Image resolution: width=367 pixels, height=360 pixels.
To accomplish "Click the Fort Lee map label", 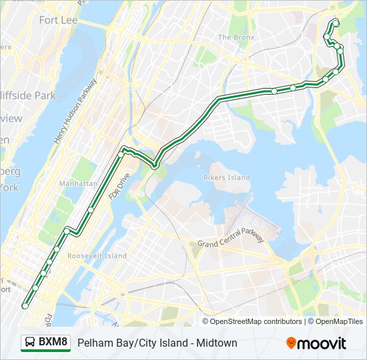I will (58, 20).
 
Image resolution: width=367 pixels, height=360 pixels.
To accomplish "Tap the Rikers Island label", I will (227, 177).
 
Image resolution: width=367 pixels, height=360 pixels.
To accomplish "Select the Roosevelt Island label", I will (97, 256).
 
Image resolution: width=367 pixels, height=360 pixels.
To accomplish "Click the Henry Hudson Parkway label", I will (74, 111).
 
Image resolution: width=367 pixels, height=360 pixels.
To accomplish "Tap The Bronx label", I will (236, 37).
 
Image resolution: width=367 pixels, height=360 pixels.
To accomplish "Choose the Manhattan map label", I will (78, 183).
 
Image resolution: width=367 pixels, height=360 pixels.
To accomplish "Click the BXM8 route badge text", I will (53, 343).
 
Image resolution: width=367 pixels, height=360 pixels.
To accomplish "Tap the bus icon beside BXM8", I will (31, 343).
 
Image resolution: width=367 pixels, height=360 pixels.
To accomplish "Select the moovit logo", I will (316, 343).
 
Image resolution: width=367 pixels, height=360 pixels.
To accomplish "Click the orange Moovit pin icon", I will (291, 343).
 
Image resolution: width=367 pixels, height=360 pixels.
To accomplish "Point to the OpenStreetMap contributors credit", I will (256, 321).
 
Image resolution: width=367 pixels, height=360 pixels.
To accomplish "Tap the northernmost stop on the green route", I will (335, 23).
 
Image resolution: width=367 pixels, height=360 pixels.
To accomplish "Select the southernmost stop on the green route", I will (25, 306).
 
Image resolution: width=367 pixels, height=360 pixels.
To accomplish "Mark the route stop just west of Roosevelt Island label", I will (57, 249).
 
